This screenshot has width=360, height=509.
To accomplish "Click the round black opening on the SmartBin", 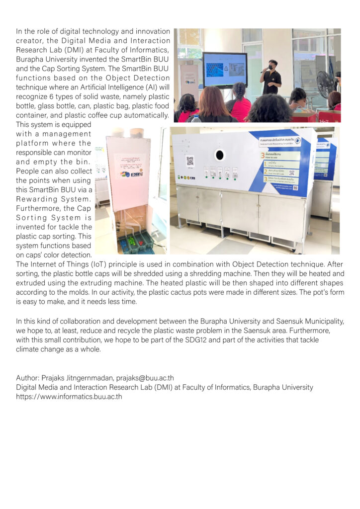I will point(219,155).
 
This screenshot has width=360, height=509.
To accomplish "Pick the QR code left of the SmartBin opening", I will point(189,161).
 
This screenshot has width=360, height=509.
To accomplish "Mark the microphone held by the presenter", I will point(264,71).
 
